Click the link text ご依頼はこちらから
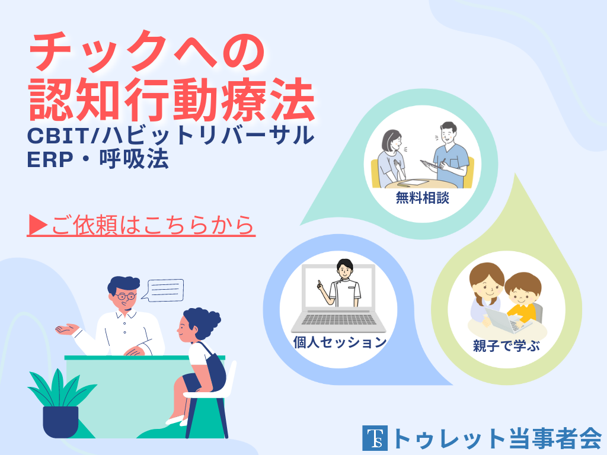pos(152,225)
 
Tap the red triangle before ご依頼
pos(38,225)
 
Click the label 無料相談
pos(422,198)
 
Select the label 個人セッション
pos(340,342)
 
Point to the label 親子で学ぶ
pos(506,345)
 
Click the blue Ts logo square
pos(375,438)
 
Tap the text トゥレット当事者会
pos(497,438)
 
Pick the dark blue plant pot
pos(60,421)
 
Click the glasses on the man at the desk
pos(126,297)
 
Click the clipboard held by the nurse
pos(429,164)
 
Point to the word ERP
pos(50,159)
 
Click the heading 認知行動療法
pos(172,100)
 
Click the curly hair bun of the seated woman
pos(206,319)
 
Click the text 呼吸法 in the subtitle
pos(134,159)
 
